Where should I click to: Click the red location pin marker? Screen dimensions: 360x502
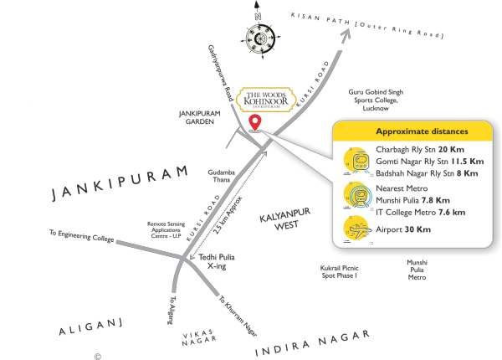[254, 124]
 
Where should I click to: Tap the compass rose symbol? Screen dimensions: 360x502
[258, 38]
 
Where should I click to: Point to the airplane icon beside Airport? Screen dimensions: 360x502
[356, 229]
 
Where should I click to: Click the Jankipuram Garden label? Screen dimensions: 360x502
[197, 116]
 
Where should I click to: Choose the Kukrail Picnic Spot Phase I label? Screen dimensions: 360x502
[339, 271]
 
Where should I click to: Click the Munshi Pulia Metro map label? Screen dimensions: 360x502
[417, 270]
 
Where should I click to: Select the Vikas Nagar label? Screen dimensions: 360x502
[201, 336]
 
